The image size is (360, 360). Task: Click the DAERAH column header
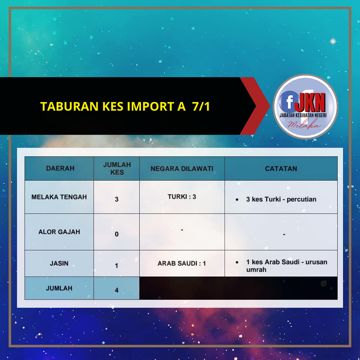pos(60,168)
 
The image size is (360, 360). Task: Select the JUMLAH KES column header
pos(117,168)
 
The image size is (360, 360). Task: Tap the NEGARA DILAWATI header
pos(182,168)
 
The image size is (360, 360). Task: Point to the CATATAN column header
pos(281,168)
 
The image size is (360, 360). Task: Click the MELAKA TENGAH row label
pos(59,197)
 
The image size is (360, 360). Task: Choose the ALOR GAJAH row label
pos(59,232)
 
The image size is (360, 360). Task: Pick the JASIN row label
pos(59,263)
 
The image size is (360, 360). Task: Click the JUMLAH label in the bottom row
pos(59,288)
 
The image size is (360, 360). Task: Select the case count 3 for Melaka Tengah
pos(117,199)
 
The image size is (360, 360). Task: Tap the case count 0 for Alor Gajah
pos(117,234)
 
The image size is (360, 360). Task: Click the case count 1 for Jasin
pos(117,265)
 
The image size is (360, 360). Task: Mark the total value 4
pos(117,290)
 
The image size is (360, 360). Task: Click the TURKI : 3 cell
pos(182,197)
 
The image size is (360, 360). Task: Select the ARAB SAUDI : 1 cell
pos(181,263)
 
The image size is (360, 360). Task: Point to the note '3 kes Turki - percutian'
pos(281,199)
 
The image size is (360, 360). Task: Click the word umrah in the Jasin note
pos(256,270)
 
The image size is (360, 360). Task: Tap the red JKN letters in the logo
pos(310,102)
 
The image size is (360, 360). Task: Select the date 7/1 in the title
pos(201,106)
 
